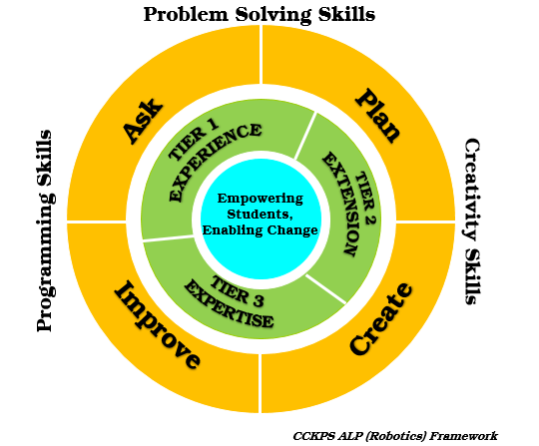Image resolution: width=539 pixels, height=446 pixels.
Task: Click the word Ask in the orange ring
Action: click(x=143, y=121)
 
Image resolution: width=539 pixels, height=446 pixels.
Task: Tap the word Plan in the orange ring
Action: click(x=377, y=115)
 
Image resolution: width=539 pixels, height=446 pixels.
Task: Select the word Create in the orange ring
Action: click(x=381, y=319)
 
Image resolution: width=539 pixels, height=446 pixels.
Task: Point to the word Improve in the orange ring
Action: click(x=158, y=324)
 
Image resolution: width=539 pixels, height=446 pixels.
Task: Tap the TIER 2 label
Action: click(x=365, y=199)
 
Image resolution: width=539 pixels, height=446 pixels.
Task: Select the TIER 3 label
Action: click(x=238, y=291)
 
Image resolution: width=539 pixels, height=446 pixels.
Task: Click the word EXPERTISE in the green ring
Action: click(x=229, y=303)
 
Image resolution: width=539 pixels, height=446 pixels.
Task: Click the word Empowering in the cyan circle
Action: click(x=261, y=199)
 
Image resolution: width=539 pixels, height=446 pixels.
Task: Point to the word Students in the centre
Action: click(x=260, y=215)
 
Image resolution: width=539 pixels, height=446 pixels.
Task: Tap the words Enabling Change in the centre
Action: click(x=260, y=229)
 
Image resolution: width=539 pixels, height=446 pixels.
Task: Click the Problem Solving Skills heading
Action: click(x=260, y=14)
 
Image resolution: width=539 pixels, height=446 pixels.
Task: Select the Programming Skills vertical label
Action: click(x=45, y=230)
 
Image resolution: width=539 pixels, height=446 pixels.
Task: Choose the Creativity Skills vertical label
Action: click(x=471, y=222)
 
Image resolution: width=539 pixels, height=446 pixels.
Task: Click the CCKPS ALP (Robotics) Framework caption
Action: click(x=395, y=436)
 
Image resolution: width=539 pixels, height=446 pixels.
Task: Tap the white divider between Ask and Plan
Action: click(x=261, y=54)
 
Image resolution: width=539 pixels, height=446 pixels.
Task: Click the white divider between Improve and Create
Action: click(x=260, y=383)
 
